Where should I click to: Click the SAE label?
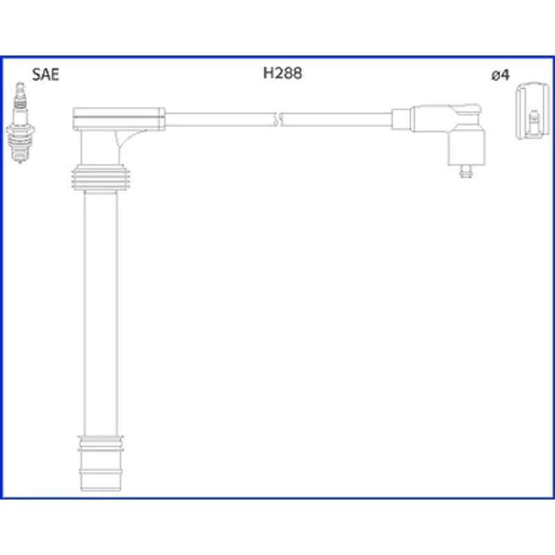pos(45,74)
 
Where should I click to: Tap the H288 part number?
pos(282,74)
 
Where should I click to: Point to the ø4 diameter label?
pos(500,75)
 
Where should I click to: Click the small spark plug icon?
pos(20,123)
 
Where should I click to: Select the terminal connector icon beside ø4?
pos(532,111)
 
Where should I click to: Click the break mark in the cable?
pos(279,119)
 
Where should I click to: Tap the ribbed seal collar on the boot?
pos(101,178)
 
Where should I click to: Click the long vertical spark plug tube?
pos(101,314)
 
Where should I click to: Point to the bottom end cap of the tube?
pos(101,463)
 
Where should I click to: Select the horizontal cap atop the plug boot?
pos(119,119)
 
